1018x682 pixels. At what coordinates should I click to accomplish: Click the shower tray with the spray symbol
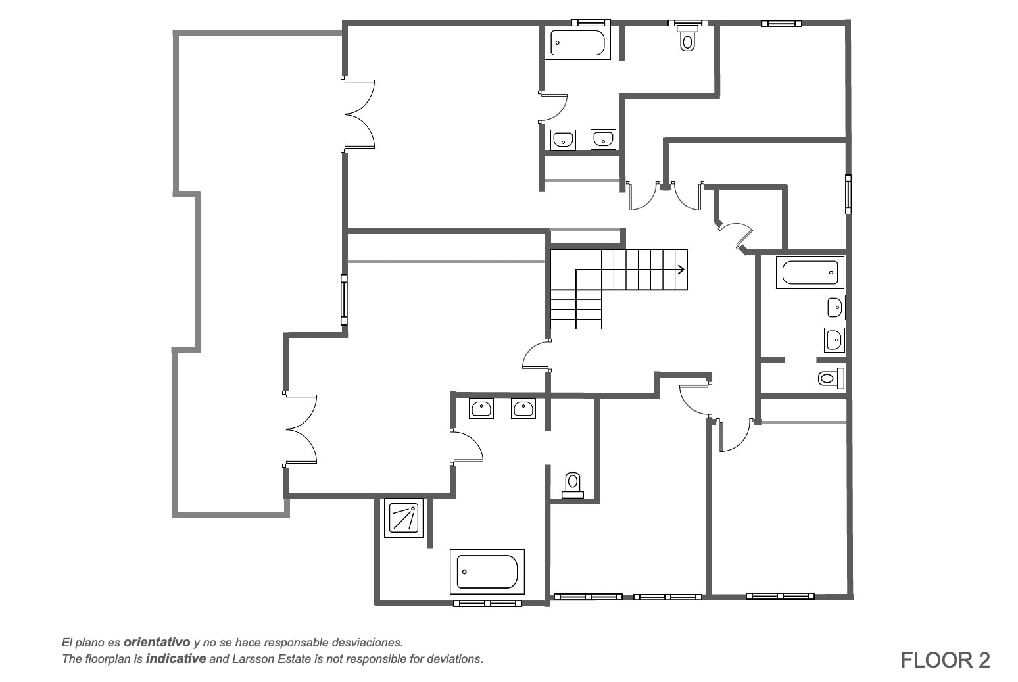[x=404, y=518]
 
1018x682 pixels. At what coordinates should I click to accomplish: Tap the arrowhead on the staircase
[x=681, y=270]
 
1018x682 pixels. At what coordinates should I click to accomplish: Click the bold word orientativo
[x=157, y=642]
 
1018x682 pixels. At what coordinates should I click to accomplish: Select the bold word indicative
[x=176, y=658]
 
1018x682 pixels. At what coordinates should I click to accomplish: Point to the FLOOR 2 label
[x=945, y=660]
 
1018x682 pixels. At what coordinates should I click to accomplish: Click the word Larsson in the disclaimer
[x=252, y=659]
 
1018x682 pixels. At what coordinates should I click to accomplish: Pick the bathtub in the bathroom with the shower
[x=487, y=572]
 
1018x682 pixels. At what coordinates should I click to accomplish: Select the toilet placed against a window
[x=687, y=37]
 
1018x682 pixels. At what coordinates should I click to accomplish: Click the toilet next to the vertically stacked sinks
[x=831, y=378]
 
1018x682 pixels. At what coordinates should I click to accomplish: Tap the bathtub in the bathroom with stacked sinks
[x=810, y=273]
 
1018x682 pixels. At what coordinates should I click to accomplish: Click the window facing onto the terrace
[x=344, y=300]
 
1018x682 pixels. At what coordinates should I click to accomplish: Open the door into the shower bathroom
[x=467, y=448]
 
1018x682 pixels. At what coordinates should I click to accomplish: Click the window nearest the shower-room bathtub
[x=487, y=603]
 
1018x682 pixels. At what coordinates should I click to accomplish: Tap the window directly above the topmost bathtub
[x=591, y=23]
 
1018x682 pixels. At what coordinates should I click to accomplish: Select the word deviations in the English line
[x=457, y=659]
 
